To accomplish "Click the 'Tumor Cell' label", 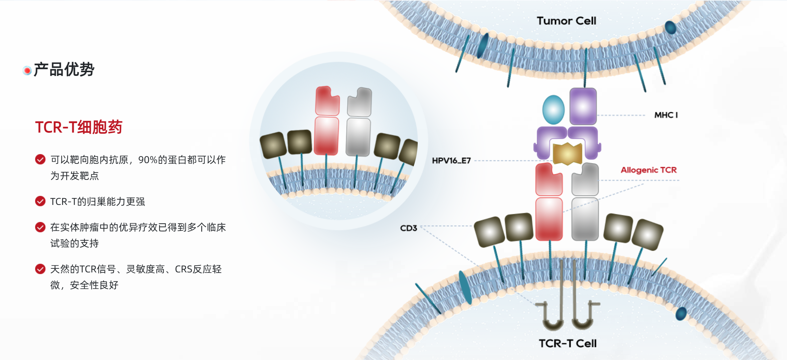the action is click(x=566, y=21).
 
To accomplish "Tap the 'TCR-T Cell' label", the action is click(x=568, y=343).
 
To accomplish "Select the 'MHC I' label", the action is click(x=666, y=115).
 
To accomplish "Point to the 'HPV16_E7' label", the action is click(x=451, y=161).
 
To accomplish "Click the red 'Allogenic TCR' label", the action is click(x=649, y=170).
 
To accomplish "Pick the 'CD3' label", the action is click(x=408, y=228).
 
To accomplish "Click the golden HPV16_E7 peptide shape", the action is click(x=568, y=153).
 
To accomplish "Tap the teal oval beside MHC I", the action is click(x=554, y=110).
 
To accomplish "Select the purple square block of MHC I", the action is click(x=583, y=106).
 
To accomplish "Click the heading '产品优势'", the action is click(x=64, y=70).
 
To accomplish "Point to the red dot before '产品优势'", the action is click(x=27, y=71).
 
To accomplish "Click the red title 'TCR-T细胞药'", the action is click(x=79, y=127).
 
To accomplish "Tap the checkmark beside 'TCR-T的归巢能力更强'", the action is click(x=40, y=201).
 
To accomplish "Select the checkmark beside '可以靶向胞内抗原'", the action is click(x=40, y=159).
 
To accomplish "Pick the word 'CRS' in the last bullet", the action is click(x=183, y=269).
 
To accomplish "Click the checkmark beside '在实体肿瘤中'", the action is click(x=40, y=227).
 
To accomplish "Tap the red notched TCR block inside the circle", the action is click(x=327, y=101).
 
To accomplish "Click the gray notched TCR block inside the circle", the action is click(x=360, y=102).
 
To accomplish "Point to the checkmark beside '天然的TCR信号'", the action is click(x=40, y=269).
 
